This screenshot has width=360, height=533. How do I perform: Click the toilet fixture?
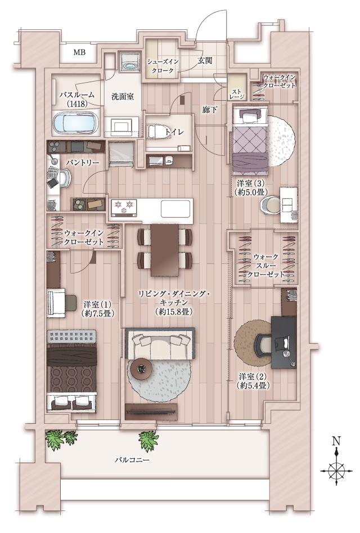tap(157, 132)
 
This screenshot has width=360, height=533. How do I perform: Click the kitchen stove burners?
tap(124, 207)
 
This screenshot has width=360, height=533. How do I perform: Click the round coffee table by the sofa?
tap(141, 369)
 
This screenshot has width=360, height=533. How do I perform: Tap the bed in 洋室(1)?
tap(72, 366)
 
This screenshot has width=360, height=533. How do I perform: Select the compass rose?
tap(336, 468)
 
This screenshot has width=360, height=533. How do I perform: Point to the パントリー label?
tap(82, 162)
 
